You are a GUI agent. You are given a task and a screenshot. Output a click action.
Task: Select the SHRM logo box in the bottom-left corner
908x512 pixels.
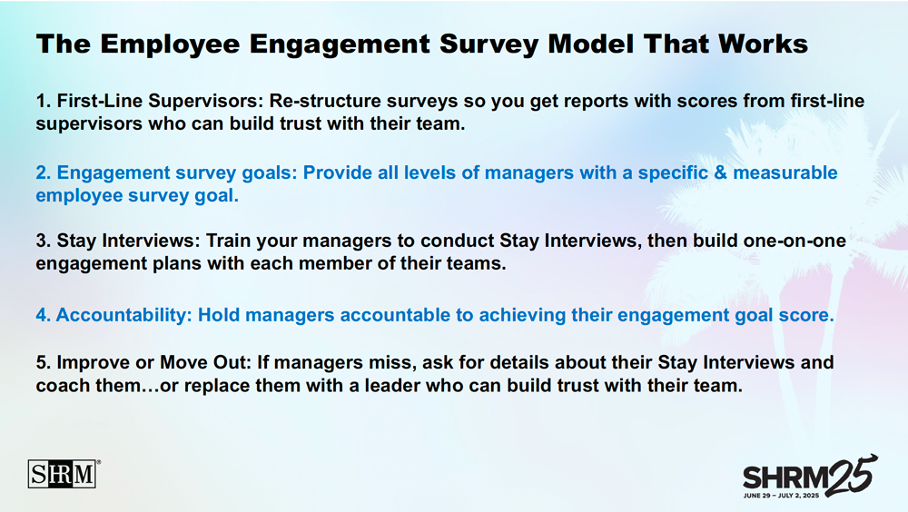coord(62,475)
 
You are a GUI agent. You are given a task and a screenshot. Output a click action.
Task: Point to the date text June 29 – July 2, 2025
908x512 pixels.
coord(781,496)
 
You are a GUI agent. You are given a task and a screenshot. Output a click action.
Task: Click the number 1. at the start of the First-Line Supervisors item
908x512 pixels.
coord(44,101)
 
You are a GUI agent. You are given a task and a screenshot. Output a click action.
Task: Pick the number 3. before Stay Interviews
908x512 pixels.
coord(44,241)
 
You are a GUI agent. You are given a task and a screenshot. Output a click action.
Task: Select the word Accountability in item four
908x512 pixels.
coord(123,315)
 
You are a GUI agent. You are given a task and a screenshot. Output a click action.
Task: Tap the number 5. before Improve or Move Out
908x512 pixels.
coord(44,362)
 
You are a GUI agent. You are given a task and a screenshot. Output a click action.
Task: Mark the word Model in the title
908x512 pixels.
coord(591,44)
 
